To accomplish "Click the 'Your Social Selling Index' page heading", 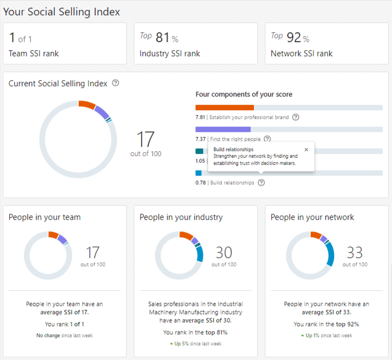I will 61,11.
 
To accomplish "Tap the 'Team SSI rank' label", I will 34,53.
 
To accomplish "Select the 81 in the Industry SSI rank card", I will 163,38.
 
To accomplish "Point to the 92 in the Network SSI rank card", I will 294,38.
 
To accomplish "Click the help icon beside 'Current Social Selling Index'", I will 115,83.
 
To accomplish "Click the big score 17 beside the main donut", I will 145,140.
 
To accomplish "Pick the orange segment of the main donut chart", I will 87,105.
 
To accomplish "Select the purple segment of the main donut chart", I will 102,112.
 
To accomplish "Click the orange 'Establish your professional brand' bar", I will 224,107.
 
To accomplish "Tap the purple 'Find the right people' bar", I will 223,129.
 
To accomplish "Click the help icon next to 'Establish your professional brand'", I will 295,117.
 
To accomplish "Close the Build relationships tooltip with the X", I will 306,149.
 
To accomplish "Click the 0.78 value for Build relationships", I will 200,183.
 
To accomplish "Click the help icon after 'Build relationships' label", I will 262,183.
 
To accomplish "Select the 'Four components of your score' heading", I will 243,94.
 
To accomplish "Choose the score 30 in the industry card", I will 224,253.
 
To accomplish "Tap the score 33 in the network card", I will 355,253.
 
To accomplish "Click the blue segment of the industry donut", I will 199,254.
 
